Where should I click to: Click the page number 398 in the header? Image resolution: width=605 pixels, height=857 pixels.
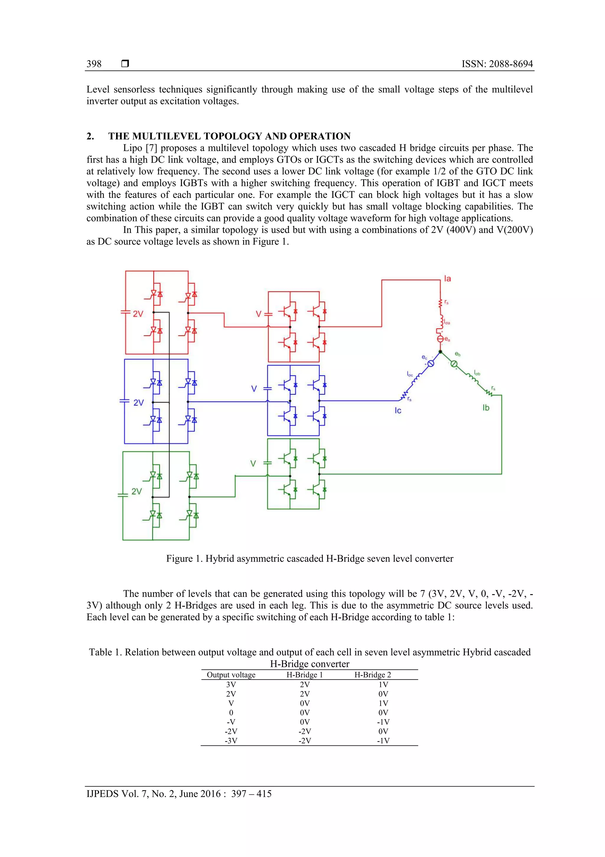[x=94, y=64]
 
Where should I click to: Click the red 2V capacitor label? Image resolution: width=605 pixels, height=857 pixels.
[x=138, y=314]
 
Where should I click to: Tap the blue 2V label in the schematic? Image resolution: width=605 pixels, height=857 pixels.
[x=138, y=403]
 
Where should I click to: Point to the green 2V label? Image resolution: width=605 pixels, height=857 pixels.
[x=137, y=492]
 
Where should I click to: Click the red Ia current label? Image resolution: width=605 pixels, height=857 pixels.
[x=447, y=279]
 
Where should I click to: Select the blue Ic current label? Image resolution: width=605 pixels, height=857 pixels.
[x=398, y=411]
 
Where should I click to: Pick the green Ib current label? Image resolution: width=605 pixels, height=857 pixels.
[x=486, y=408]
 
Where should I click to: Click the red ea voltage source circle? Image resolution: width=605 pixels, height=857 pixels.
[x=440, y=339]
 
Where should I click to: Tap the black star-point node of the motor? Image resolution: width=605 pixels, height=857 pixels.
[x=440, y=352]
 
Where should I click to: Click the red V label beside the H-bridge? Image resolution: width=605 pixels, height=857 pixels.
[x=258, y=314]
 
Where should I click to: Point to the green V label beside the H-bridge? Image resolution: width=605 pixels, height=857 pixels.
[x=253, y=464]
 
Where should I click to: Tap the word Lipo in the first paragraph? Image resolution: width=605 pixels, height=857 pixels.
[x=133, y=148]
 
